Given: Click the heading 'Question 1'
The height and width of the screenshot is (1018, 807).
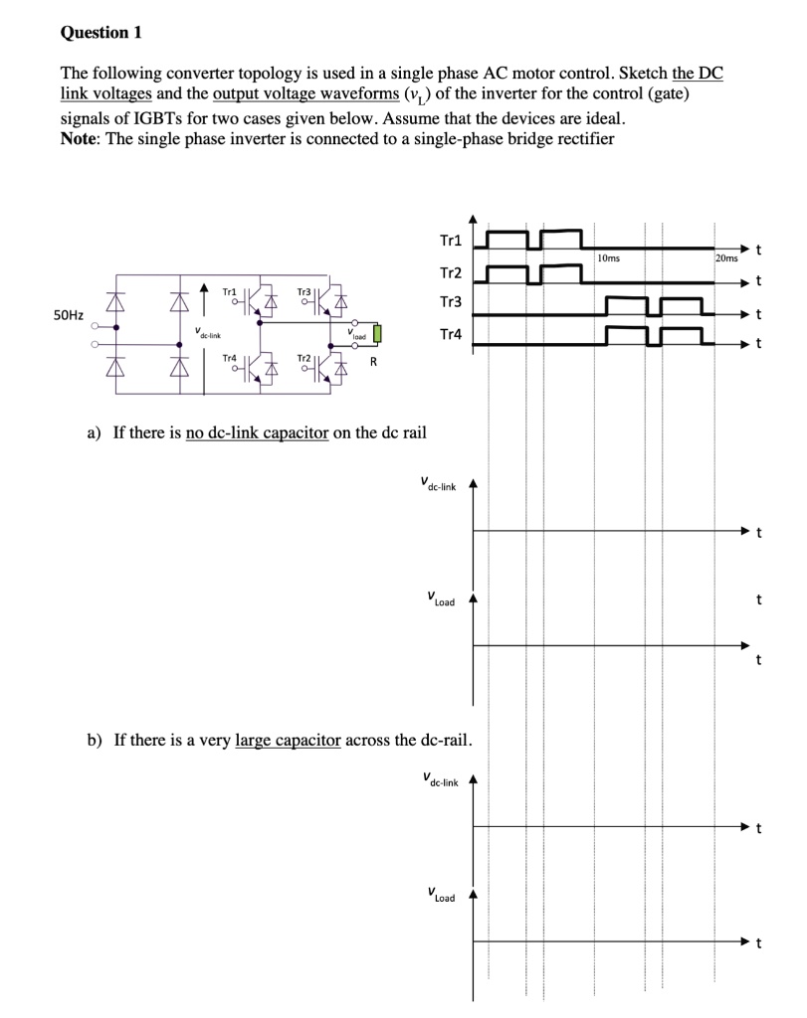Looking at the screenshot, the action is [x=101, y=33].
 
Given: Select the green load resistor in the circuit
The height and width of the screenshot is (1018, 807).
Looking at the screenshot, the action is [x=375, y=334].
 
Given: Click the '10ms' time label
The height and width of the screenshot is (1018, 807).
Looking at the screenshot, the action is [x=609, y=257].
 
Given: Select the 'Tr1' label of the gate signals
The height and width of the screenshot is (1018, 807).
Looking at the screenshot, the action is [x=450, y=241].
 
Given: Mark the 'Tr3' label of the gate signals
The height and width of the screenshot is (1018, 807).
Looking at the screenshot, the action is [x=450, y=302].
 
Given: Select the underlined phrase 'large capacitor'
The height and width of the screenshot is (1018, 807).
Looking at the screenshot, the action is [x=288, y=741].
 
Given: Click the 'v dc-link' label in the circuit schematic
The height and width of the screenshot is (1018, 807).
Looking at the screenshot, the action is [x=209, y=335].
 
